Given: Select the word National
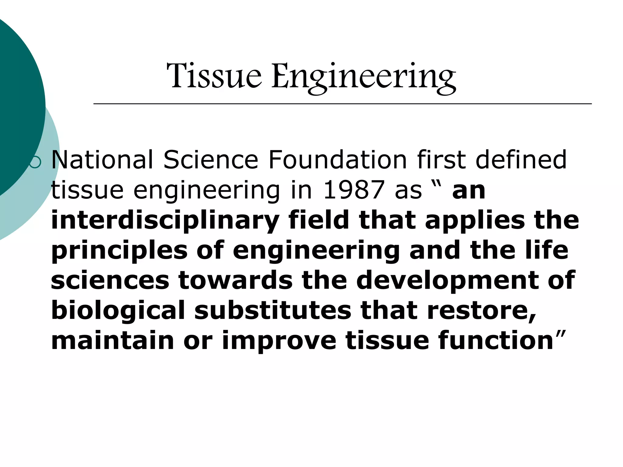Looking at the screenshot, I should click(x=102, y=160).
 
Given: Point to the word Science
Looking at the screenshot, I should click(x=211, y=160).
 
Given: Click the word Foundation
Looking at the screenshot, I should click(x=337, y=160).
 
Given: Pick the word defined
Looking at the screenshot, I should click(x=521, y=160).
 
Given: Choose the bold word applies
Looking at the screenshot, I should click(x=475, y=221).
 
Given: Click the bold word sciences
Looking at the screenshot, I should click(x=110, y=280).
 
